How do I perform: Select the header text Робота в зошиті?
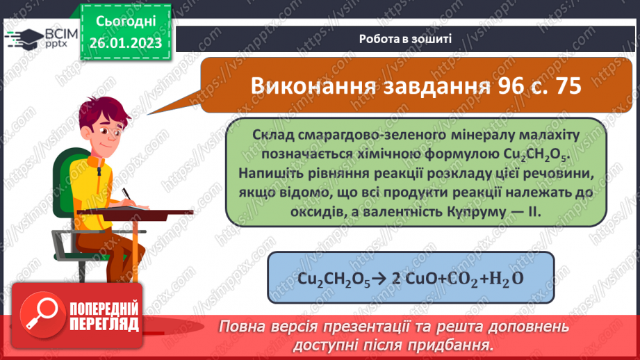point(407,39)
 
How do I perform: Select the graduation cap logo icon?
point(21,36)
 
